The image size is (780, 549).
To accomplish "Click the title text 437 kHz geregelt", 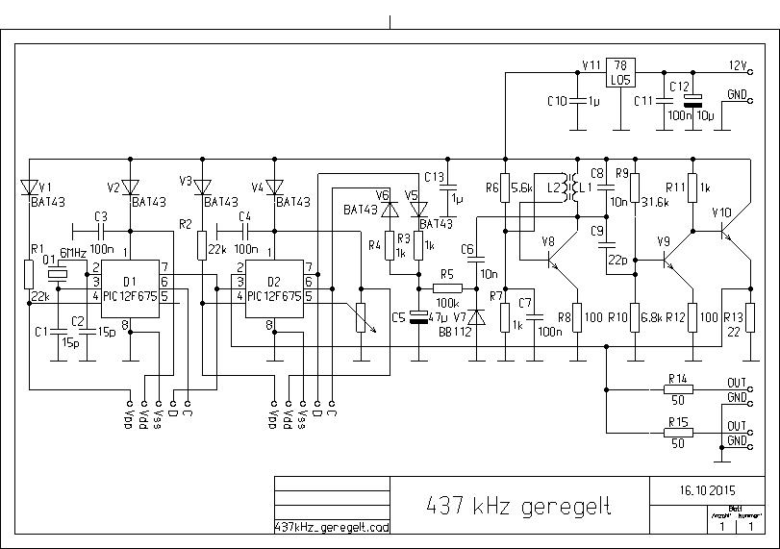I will click(x=519, y=506).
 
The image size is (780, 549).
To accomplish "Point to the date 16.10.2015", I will click(x=715, y=488).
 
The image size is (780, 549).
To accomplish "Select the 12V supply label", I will click(x=736, y=65).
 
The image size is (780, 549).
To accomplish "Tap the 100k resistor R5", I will click(x=446, y=287).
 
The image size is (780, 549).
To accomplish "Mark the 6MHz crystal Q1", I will click(x=60, y=275).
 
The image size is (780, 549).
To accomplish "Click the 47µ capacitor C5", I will click(x=418, y=316).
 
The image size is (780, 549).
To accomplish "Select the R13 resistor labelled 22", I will click(x=750, y=316).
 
